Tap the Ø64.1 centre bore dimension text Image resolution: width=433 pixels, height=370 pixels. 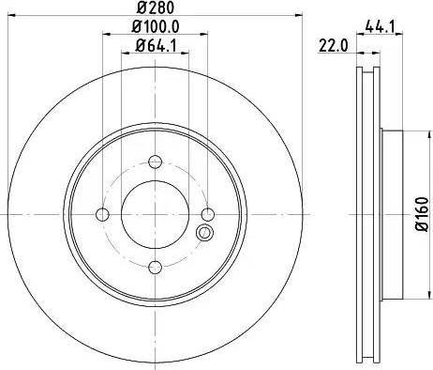[157, 48]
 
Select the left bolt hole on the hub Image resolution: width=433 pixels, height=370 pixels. [104, 215]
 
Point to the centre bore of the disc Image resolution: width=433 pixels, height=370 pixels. [157, 215]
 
